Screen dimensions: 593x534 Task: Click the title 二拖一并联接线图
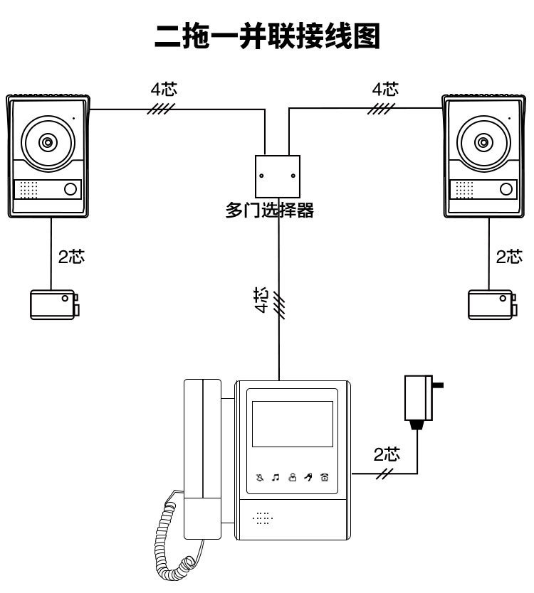click(268, 36)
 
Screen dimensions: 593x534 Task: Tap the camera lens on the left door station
click(47, 143)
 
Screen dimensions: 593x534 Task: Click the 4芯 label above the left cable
click(164, 90)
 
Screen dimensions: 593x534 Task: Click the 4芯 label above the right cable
click(385, 90)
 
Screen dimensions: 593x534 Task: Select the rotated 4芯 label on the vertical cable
click(262, 300)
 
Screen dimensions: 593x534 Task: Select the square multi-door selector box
click(278, 176)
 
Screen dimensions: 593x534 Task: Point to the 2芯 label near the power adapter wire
click(387, 454)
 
